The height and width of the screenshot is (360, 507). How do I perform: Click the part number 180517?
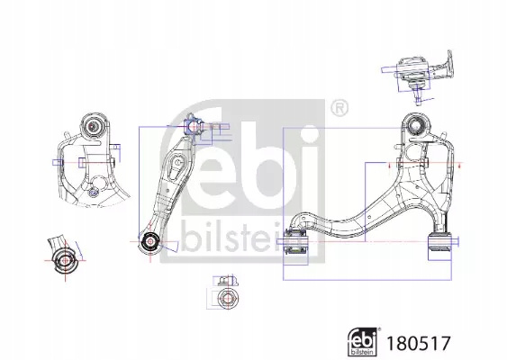(418, 343)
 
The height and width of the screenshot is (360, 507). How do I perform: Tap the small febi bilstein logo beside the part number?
(364, 342)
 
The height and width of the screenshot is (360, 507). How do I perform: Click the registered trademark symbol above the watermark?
(340, 109)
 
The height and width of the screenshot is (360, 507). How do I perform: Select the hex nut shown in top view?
(226, 297)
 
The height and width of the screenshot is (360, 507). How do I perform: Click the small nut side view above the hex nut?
(225, 281)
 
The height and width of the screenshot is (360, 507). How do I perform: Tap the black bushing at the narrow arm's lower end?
(150, 241)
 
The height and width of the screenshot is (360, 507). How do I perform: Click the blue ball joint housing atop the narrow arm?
(191, 126)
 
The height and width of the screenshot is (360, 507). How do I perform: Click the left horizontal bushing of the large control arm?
(296, 241)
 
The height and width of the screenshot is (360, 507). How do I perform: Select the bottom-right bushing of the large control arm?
(439, 241)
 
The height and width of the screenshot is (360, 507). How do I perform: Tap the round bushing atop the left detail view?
(93, 125)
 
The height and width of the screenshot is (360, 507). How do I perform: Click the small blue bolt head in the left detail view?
(94, 193)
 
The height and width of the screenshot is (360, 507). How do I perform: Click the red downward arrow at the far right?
(459, 165)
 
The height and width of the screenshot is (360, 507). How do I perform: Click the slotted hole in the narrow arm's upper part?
(177, 161)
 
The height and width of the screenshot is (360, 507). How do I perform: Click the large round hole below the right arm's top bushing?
(414, 151)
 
